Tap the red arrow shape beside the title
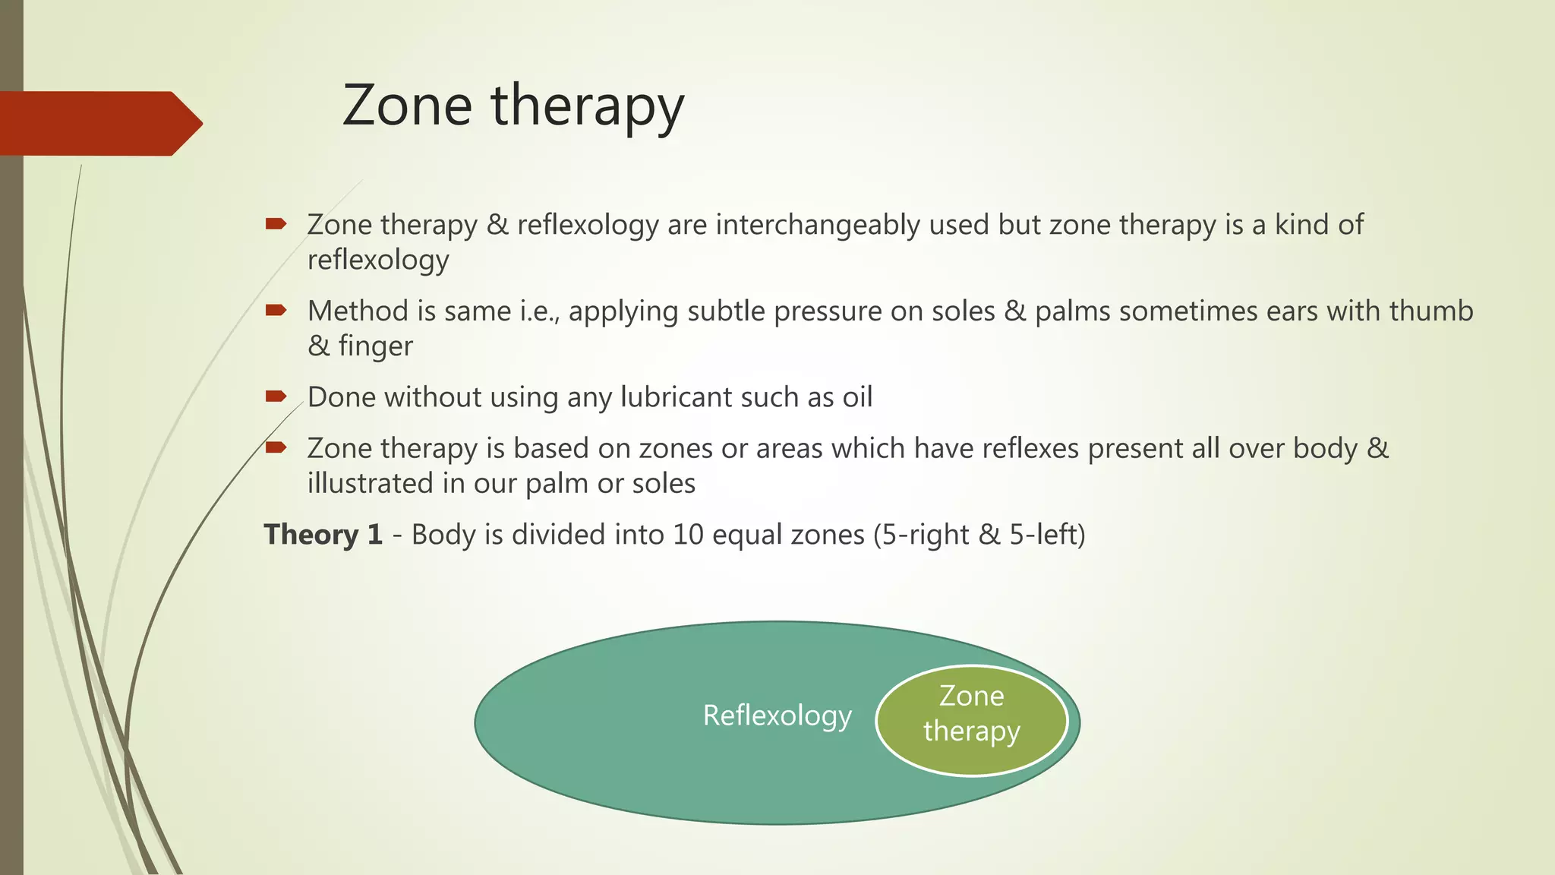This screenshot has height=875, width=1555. click(99, 123)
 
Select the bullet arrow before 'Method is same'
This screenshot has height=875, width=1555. click(275, 310)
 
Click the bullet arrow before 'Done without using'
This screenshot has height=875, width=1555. click(275, 396)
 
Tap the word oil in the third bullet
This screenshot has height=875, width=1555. click(857, 397)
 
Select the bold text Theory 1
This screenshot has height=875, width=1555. click(323, 535)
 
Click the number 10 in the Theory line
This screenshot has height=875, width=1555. click(688, 535)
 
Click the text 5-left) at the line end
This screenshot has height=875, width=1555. click(1047, 535)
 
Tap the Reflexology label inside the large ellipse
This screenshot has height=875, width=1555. click(777, 715)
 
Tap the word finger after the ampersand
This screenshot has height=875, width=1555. click(375, 346)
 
